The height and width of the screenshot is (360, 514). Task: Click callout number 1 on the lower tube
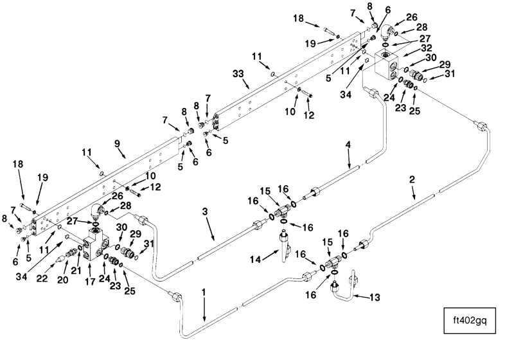204,292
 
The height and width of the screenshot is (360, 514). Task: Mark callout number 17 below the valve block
89,281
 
